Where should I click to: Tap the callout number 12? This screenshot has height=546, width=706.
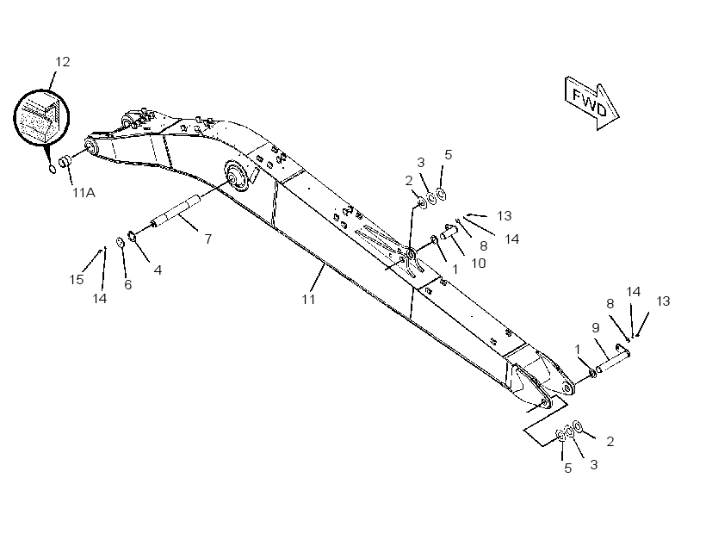(63, 62)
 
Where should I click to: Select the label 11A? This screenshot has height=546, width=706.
(84, 193)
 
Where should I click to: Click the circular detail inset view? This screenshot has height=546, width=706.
(41, 118)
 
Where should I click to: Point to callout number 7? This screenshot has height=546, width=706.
(208, 239)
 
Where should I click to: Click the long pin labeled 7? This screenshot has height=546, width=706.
(176, 211)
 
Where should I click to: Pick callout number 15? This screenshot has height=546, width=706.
(77, 280)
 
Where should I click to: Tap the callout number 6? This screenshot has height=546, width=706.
(128, 285)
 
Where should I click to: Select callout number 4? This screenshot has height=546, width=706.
(158, 270)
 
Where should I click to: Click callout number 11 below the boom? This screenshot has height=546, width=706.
(308, 299)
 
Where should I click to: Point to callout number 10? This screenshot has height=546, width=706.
(478, 263)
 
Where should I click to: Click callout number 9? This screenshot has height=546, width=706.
(596, 327)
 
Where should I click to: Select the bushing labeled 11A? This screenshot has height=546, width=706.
(65, 161)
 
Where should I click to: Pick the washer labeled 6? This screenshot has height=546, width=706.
(121, 242)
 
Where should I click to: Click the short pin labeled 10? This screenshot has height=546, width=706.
(449, 232)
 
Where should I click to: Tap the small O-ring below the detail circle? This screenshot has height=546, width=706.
(53, 169)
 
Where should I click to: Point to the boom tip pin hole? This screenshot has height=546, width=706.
(567, 388)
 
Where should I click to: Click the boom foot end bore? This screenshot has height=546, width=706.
(90, 147)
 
